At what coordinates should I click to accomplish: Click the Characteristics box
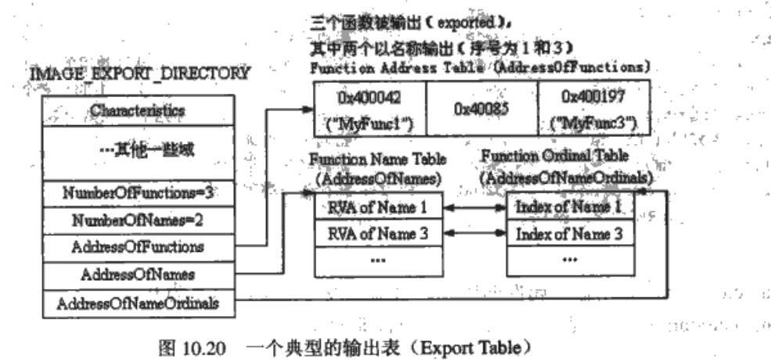tap(137, 110)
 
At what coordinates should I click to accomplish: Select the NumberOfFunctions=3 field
tap(137, 193)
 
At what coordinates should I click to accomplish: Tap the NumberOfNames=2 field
tap(137, 220)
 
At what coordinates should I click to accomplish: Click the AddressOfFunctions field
tap(137, 247)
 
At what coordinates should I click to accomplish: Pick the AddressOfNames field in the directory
tap(137, 275)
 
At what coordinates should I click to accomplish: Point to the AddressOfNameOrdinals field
tap(137, 303)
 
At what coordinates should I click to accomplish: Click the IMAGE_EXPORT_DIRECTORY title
tap(140, 74)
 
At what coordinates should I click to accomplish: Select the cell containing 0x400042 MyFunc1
tap(369, 110)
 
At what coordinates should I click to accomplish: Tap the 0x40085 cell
tap(481, 110)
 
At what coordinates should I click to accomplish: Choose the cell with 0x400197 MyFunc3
tap(593, 110)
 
